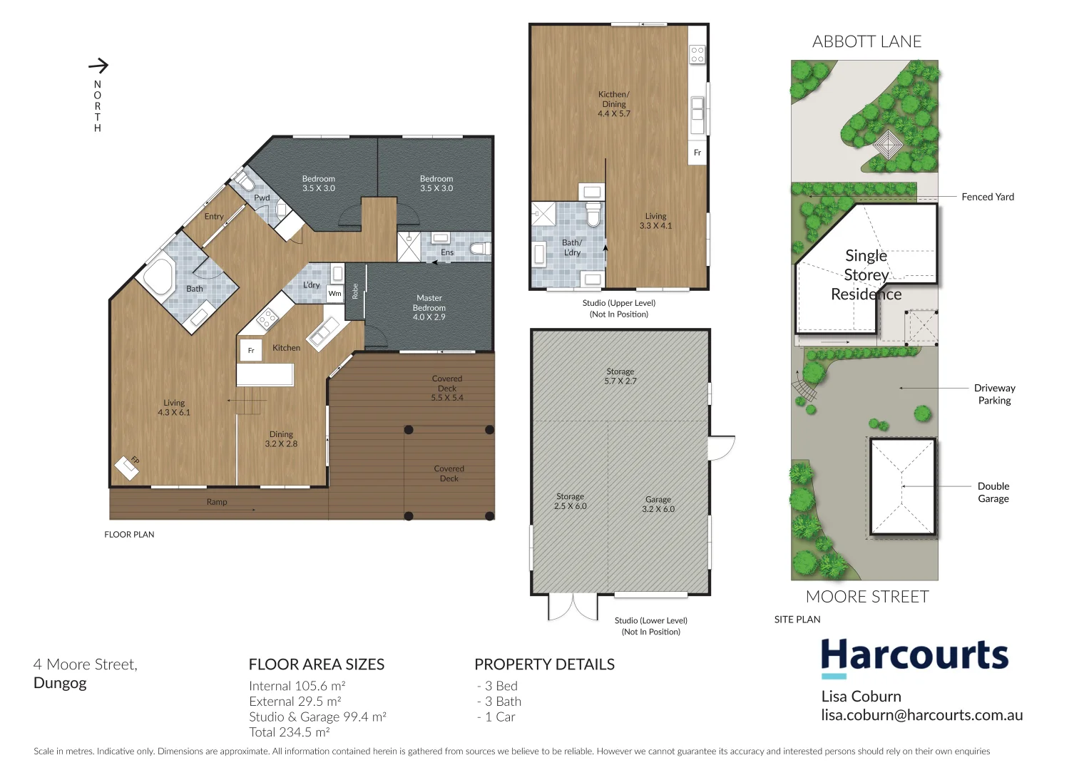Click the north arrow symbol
[x=98, y=66]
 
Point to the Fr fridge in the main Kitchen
[x=251, y=350]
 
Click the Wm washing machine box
[x=334, y=293]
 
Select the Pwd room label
[x=262, y=197]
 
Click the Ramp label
[x=217, y=502]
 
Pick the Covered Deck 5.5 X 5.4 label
[x=447, y=388]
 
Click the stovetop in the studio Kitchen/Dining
[x=697, y=54]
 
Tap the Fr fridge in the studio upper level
[x=697, y=153]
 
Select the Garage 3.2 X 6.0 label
[x=658, y=504]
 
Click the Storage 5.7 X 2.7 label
[x=620, y=376]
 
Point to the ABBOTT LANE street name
[x=866, y=42]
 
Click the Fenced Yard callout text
[x=987, y=197]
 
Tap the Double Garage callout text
[x=993, y=492]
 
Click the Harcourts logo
[x=914, y=657]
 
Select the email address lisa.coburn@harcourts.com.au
[x=921, y=715]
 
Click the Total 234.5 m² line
[x=289, y=732]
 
